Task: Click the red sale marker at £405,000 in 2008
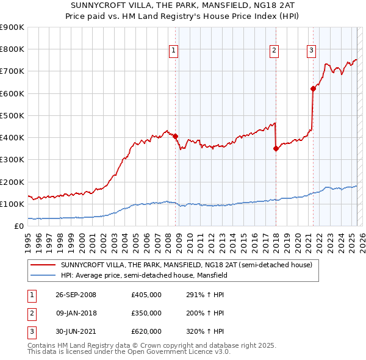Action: (175, 136)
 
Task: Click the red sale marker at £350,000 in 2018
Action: (276, 148)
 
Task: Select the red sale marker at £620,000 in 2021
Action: (313, 88)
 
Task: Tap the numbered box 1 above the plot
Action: (174, 51)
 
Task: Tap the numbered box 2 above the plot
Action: (274, 51)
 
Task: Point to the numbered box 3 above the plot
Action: (311, 51)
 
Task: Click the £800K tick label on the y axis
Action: (12, 49)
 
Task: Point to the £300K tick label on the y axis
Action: (12, 160)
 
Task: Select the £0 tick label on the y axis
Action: (18, 226)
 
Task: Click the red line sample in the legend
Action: (43, 265)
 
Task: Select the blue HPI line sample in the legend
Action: (43, 275)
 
